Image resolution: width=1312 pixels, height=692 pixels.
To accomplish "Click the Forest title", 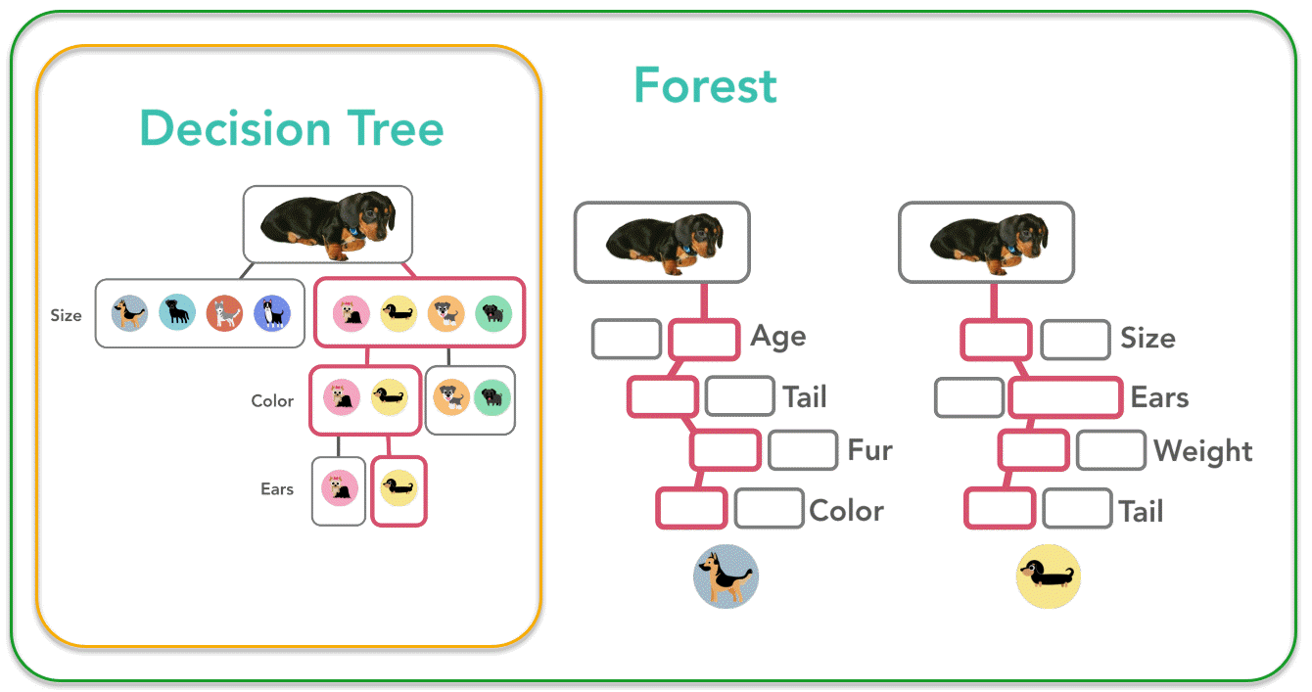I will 705,86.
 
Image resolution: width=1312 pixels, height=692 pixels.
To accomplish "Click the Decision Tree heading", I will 292,129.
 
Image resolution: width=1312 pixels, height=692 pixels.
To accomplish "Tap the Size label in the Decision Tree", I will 67,315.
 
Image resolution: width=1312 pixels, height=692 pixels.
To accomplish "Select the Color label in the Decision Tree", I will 272,400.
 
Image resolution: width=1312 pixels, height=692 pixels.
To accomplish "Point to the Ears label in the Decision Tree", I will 277,488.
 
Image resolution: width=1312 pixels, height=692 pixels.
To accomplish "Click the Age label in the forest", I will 778,337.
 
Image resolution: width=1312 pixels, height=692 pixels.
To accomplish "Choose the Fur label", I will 870,450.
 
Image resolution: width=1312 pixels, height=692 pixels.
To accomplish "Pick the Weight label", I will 1203,451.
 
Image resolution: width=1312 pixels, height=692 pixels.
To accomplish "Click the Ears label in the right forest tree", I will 1159,397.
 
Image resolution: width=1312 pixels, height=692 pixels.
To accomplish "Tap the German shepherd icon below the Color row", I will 726,577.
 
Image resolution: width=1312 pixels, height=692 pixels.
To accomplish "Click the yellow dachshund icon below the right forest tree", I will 1049,577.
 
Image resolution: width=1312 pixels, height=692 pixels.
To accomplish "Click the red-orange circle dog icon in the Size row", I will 225,313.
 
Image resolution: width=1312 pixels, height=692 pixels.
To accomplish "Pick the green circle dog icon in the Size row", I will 493,313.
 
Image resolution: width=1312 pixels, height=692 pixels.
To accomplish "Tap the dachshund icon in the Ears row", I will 398,486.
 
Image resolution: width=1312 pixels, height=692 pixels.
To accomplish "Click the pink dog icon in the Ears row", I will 340,486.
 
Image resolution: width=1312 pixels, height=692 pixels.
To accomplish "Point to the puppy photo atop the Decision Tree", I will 328,225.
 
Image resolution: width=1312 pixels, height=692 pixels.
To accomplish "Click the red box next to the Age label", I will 703,339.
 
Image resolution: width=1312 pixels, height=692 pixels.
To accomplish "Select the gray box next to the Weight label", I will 1110,450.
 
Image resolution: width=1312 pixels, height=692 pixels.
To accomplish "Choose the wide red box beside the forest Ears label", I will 1065,397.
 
